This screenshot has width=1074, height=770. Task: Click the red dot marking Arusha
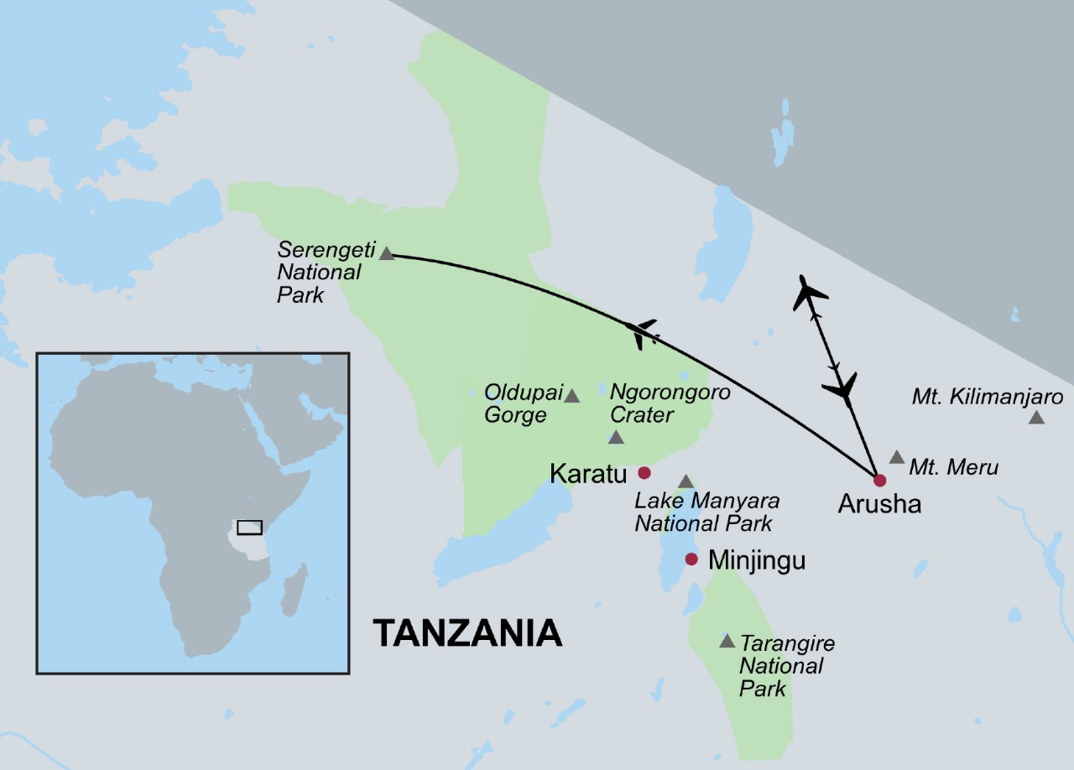(x=879, y=480)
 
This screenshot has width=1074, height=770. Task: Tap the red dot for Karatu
(x=644, y=472)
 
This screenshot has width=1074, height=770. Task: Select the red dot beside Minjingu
(x=691, y=559)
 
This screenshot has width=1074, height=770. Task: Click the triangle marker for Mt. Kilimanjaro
(x=1036, y=417)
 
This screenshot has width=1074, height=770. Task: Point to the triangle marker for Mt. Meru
(x=896, y=457)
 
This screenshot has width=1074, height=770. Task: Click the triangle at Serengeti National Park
(x=386, y=253)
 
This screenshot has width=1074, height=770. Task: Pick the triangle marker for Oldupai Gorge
(x=571, y=396)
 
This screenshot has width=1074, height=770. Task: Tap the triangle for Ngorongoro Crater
(x=616, y=437)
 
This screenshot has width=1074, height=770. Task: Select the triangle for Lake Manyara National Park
(x=686, y=481)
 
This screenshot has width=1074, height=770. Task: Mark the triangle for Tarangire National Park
(x=727, y=641)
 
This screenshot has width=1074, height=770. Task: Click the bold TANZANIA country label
(x=467, y=632)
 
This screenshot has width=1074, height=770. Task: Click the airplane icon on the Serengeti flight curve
(x=643, y=332)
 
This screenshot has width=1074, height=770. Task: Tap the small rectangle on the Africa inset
(x=249, y=528)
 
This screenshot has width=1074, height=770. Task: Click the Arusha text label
(x=878, y=504)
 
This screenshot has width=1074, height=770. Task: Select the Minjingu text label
(x=757, y=560)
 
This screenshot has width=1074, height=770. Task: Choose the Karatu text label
(x=588, y=474)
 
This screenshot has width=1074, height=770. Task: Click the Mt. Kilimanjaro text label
(x=988, y=397)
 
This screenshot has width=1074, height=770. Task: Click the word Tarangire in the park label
(x=787, y=643)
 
